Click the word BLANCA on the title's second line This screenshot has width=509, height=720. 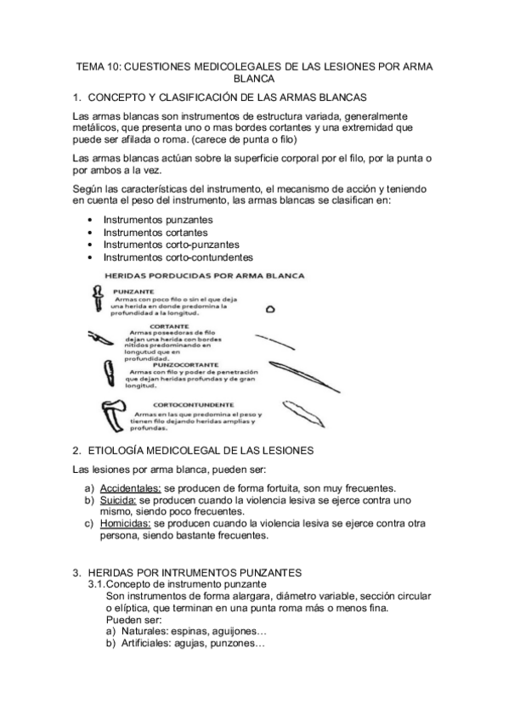pyautogui.click(x=255, y=78)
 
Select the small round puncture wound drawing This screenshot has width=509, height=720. pyautogui.click(x=270, y=309)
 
